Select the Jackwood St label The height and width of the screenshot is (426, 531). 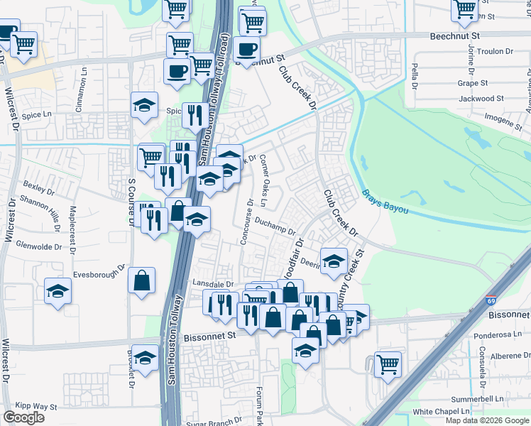click(x=482, y=99)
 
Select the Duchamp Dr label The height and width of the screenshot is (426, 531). click(x=276, y=226)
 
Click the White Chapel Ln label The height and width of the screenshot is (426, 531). click(x=442, y=411)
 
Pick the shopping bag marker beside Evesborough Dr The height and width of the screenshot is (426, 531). click(x=141, y=280)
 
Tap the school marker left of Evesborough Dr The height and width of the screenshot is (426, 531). click(x=58, y=291)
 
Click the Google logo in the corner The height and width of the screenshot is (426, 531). click(x=24, y=417)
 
